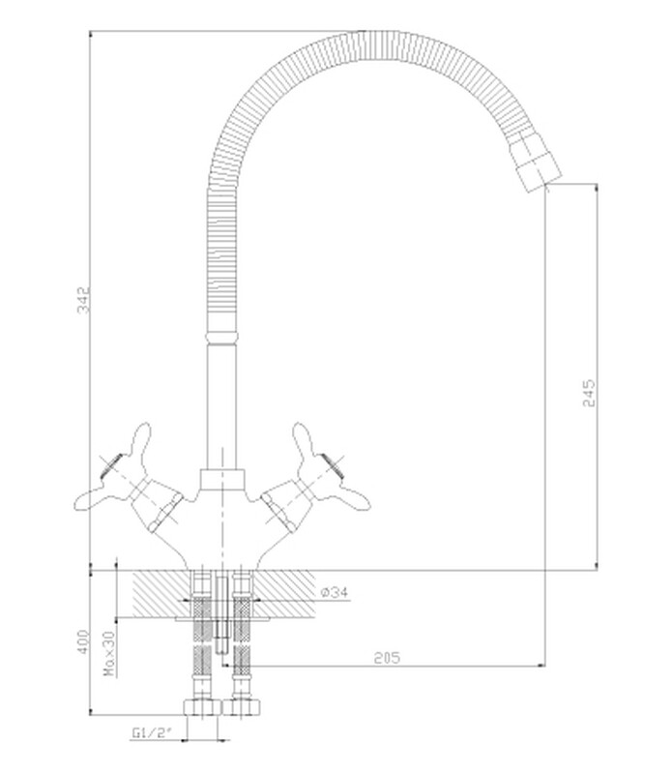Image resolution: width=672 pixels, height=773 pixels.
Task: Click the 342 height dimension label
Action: [84, 299]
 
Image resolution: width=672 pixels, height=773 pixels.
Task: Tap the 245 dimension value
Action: [589, 393]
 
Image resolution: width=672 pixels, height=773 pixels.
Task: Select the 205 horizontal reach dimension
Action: [387, 658]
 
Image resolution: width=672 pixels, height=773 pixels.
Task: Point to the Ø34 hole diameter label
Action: [335, 591]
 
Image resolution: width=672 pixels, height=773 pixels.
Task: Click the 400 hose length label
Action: [84, 641]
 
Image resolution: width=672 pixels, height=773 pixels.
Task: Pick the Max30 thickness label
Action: [109, 654]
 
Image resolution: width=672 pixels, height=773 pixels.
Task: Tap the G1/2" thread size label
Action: [151, 732]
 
